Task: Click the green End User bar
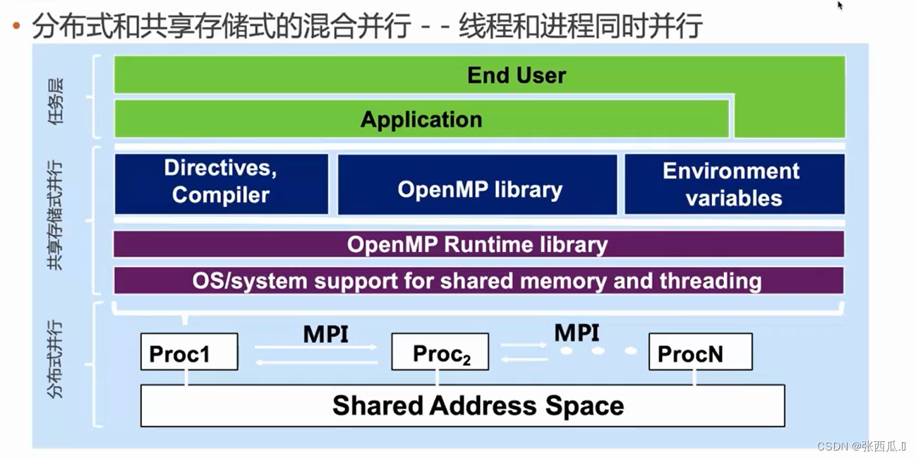517,75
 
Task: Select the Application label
421,119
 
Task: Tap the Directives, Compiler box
221,182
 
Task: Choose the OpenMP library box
479,189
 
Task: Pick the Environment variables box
733,184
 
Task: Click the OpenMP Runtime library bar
478,244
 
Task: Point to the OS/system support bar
478,280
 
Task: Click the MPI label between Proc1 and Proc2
325,333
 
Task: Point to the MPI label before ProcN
577,332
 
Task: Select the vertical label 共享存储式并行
56,215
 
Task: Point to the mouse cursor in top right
840,6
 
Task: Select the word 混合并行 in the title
371,26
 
